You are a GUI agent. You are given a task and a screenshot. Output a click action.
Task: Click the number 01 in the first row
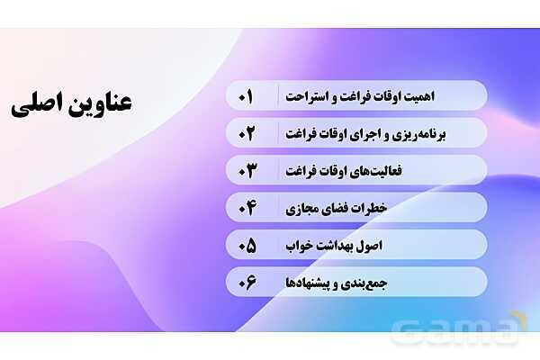247,95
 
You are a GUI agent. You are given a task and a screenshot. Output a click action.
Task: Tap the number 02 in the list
247,133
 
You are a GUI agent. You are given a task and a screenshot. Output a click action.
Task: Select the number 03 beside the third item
247,170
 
